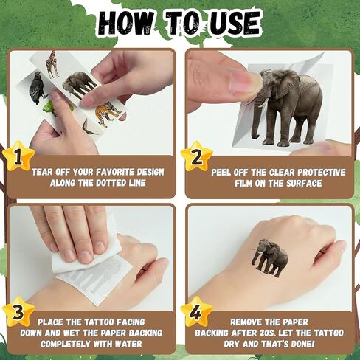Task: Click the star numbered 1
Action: click(18, 156)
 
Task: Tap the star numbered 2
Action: click(196, 156)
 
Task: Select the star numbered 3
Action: click(18, 312)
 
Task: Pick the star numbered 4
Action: click(196, 312)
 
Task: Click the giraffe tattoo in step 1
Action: click(52, 64)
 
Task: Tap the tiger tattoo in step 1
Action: click(108, 114)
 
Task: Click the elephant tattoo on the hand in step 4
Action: click(269, 257)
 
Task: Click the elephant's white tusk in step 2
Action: click(262, 104)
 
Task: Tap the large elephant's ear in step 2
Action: click(287, 83)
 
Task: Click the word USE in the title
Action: click(235, 24)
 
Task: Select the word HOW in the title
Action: click(125, 24)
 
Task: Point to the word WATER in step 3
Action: click(128, 344)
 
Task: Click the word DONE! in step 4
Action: click(302, 344)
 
